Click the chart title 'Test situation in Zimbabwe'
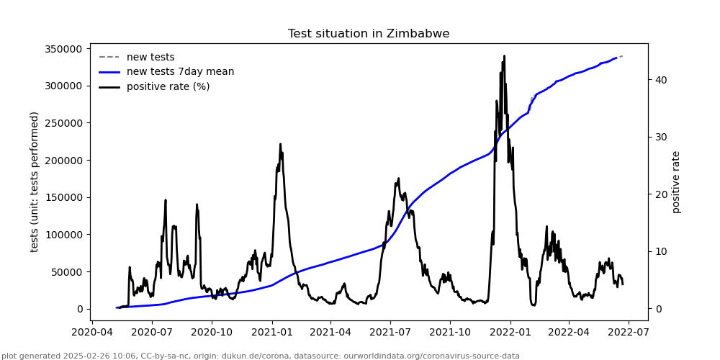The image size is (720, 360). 369,34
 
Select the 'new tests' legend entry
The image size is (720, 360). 150,58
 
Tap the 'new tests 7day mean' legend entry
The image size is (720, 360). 180,72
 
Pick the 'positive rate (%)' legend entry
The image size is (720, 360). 168,87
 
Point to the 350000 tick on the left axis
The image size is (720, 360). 63,49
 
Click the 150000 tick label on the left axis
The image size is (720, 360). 63,197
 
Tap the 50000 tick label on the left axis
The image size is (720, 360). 66,271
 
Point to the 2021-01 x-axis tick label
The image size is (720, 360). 272,333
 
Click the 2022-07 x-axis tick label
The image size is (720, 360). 628,333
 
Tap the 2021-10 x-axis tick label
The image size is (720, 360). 450,333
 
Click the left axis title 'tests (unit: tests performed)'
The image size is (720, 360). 35,181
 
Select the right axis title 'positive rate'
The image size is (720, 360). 676,181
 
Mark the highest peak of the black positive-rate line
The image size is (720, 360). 504,56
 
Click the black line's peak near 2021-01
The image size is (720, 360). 280,144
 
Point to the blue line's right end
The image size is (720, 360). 617,58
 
